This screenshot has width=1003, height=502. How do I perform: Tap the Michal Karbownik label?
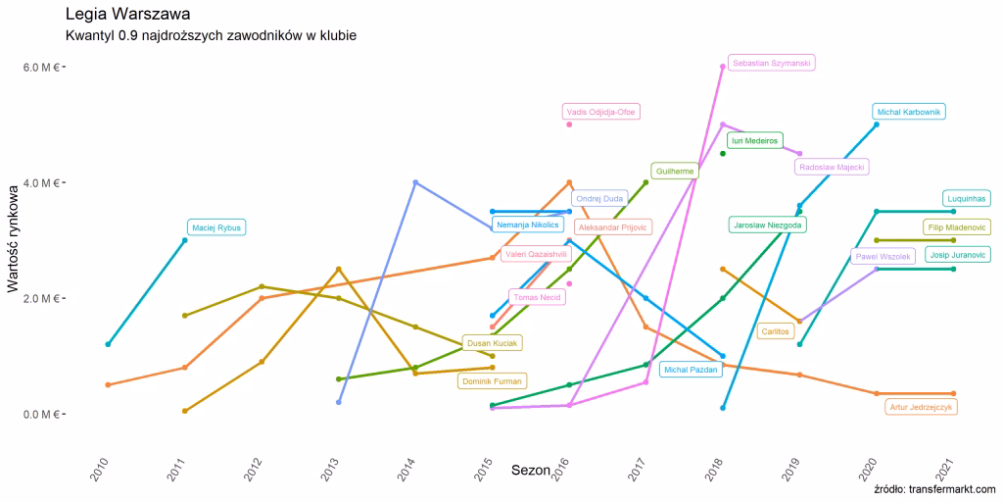coord(908,112)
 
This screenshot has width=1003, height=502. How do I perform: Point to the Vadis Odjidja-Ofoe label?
coord(600,112)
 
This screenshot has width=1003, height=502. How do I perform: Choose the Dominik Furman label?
coord(492,380)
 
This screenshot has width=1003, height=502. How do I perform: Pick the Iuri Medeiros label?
coord(754,140)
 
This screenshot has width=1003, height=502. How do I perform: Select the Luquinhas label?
coord(967,198)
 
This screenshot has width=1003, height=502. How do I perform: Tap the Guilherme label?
coord(675,171)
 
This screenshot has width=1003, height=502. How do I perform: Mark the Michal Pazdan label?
coord(691,370)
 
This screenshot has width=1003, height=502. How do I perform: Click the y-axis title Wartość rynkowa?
coord(15,239)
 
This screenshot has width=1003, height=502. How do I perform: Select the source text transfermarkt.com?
coord(934,489)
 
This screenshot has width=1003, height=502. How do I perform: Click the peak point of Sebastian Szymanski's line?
coord(723,67)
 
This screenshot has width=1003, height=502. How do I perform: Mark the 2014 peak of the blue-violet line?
coord(415,182)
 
